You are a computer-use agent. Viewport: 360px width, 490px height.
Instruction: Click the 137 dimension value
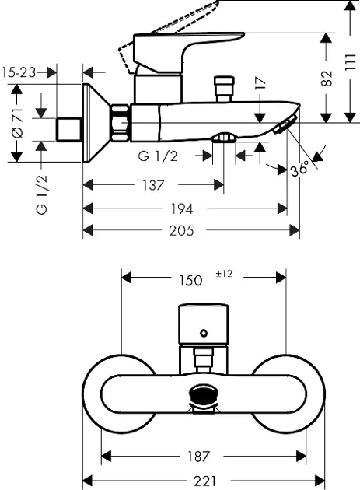153,185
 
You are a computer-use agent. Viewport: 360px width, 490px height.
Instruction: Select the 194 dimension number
182,208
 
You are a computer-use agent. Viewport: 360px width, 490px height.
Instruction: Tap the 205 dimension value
182,231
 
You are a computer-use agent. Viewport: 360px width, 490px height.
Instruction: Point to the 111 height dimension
351,62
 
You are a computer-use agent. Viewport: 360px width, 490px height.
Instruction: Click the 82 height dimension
327,78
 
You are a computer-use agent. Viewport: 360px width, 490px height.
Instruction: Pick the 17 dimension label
260,84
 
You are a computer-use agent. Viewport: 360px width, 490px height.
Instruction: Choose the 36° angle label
299,170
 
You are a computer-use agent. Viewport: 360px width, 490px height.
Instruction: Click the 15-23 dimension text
19,73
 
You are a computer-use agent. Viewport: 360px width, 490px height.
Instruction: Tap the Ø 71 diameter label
17,123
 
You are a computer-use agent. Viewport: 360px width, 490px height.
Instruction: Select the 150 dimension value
190,280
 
